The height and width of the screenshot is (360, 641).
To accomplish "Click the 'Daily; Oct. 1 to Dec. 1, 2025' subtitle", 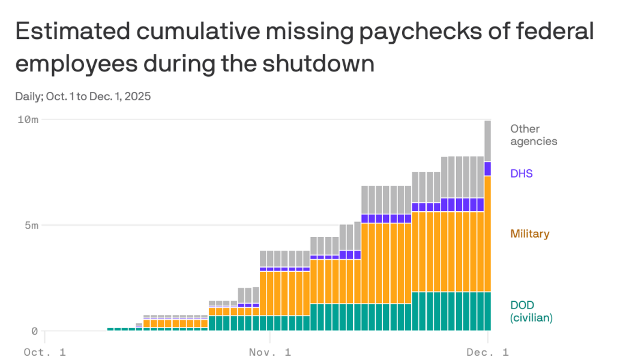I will pyautogui.click(x=83, y=96).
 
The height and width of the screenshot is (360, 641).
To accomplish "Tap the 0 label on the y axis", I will pyautogui.click(x=35, y=331).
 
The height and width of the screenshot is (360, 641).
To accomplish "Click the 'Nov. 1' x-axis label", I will pyautogui.click(x=269, y=352).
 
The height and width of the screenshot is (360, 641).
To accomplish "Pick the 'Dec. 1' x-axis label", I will pyautogui.click(x=488, y=352).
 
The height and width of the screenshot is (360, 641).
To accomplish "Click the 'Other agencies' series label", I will pyautogui.click(x=534, y=135).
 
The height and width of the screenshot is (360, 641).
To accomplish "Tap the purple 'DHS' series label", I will pyautogui.click(x=522, y=173).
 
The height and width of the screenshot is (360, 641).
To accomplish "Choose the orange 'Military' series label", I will pyautogui.click(x=529, y=233).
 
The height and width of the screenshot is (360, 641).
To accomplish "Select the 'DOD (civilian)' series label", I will pyautogui.click(x=531, y=311).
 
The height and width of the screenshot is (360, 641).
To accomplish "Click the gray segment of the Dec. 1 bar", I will pyautogui.click(x=488, y=141).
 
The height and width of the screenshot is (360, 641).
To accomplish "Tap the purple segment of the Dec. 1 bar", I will pyautogui.click(x=488, y=169).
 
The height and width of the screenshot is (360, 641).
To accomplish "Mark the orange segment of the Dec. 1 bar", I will pyautogui.click(x=488, y=234).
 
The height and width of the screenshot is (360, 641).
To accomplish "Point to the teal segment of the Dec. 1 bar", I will pyautogui.click(x=488, y=311).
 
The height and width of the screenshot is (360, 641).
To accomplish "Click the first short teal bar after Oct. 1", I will pyautogui.click(x=110, y=329).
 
